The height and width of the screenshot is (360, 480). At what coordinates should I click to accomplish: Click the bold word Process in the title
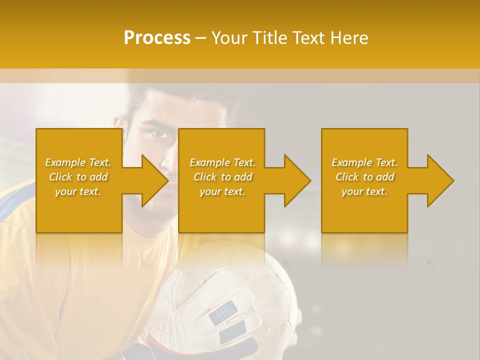pos(157,38)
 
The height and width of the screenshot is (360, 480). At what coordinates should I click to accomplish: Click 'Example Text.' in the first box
pos(78,162)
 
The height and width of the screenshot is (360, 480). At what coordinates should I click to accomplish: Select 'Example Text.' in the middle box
pos(222,162)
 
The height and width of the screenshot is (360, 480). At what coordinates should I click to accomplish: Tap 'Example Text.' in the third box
pos(364,162)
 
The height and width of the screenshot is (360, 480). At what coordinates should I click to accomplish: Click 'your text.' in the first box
pos(78,191)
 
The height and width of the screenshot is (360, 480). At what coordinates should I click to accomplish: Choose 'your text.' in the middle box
pos(222,191)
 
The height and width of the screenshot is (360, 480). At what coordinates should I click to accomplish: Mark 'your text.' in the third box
pos(364,191)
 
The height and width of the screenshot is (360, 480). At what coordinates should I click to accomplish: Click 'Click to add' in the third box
pos(364,177)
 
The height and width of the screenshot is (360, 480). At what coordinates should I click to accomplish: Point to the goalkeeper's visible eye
pos(159,134)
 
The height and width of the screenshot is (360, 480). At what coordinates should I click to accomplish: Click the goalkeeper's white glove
pos(220,300)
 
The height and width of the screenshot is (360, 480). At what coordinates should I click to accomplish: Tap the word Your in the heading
pos(229,38)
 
